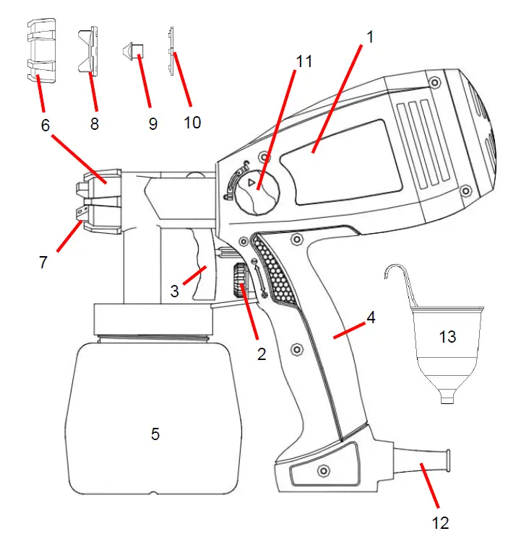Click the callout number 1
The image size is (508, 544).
tap(369, 37)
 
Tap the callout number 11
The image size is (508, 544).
tap(304, 61)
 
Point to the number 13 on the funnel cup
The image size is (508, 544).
tap(447, 336)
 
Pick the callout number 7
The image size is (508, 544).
tap(43, 262)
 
